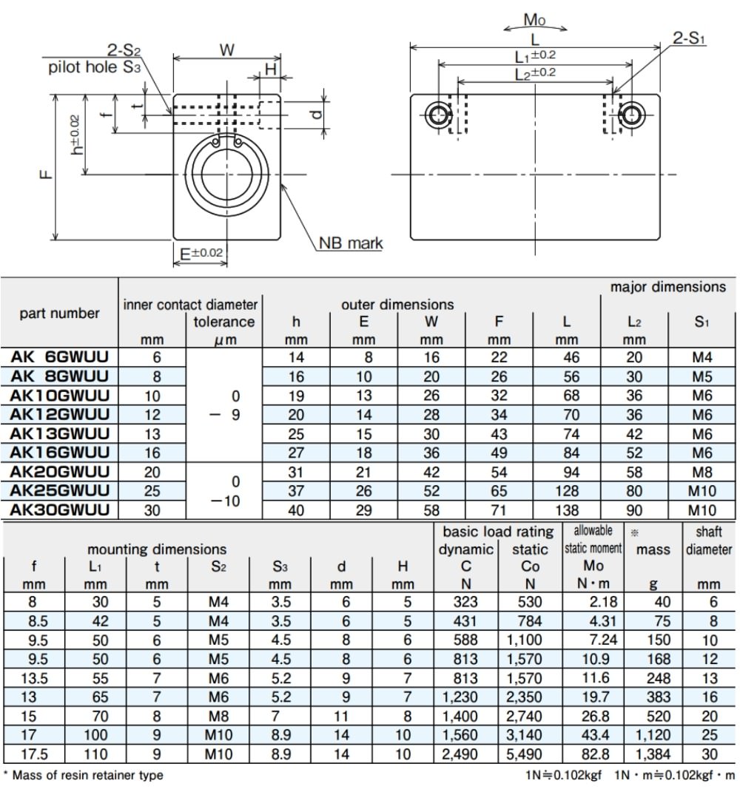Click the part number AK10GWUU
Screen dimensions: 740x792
coord(60,396)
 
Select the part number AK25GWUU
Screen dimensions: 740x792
coord(60,490)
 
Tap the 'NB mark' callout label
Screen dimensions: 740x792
coord(351,243)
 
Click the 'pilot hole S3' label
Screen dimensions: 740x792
coord(94,67)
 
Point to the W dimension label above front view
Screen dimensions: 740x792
coord(227,50)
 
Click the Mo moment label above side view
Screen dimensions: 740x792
coord(535,20)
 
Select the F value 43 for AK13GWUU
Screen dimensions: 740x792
coord(499,434)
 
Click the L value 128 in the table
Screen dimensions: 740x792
coord(567,491)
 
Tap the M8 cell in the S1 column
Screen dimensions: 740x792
coord(702,473)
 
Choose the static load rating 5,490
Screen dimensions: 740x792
coord(524,754)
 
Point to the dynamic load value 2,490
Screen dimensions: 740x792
coord(460,754)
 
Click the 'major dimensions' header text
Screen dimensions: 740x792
coord(667,287)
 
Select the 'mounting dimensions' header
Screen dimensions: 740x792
coord(157,549)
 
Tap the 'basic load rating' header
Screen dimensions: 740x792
coord(498,532)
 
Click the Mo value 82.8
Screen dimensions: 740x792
coord(595,754)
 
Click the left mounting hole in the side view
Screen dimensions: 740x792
coord(438,115)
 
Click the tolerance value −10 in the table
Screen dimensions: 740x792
coord(224,501)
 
